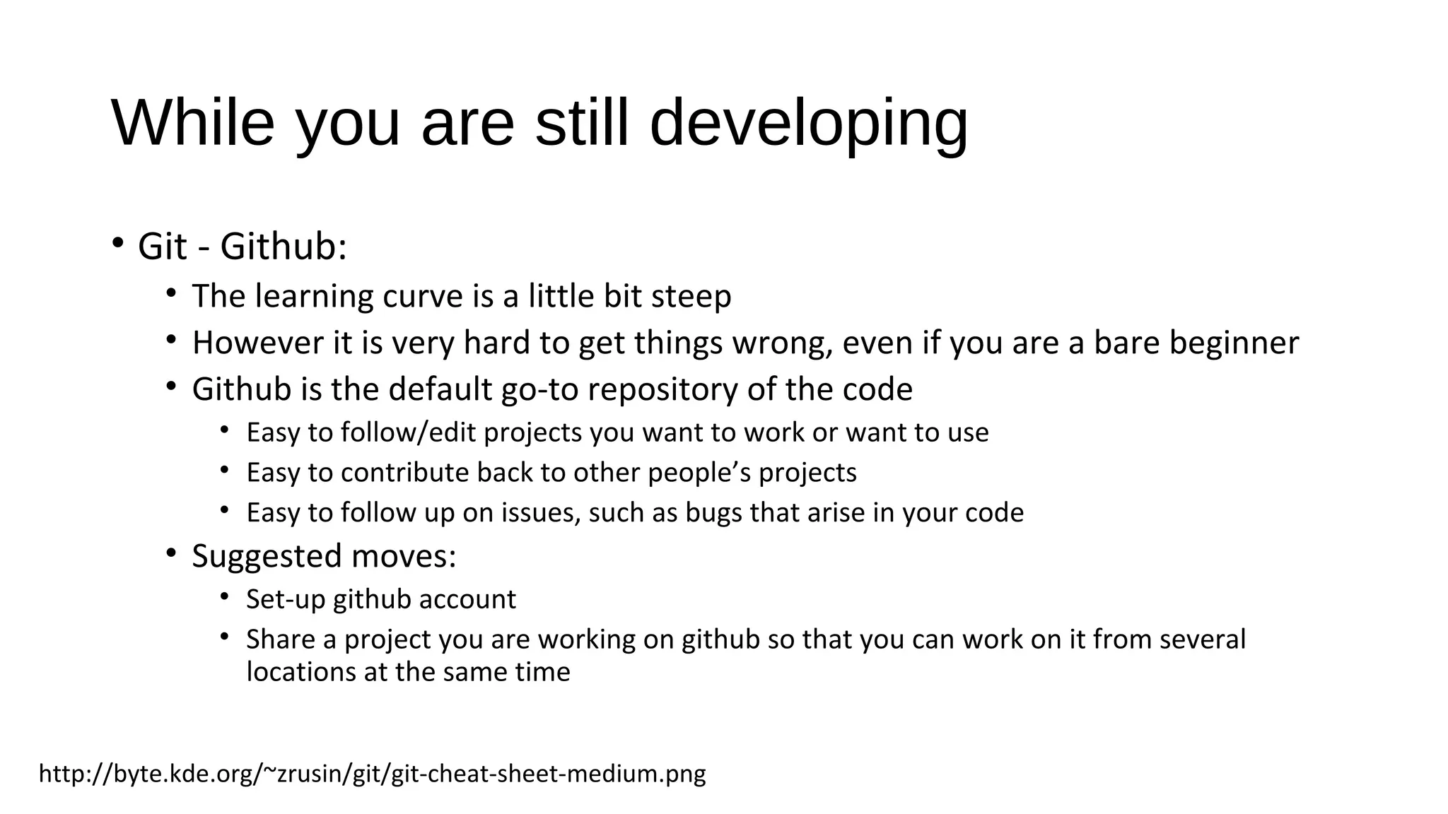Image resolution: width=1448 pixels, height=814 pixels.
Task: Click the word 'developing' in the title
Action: (808, 124)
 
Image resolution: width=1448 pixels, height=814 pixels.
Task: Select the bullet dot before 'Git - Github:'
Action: (117, 244)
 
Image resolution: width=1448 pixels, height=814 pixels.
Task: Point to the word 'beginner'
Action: (1234, 344)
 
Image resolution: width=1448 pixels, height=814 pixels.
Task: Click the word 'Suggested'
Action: (267, 557)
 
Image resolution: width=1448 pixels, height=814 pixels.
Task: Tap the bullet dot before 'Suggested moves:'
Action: (171, 553)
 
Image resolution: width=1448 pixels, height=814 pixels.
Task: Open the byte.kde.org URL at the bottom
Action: (372, 774)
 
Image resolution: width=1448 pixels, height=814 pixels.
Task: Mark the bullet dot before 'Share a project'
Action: (225, 637)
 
